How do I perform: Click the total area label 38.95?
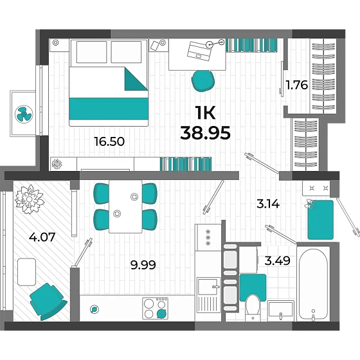pyautogui.click(x=205, y=133)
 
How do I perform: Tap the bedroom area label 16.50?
pyautogui.click(x=109, y=141)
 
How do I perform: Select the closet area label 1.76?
pyautogui.click(x=296, y=85)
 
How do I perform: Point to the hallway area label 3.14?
pyautogui.click(x=268, y=204)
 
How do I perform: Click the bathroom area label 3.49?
pyautogui.click(x=277, y=260)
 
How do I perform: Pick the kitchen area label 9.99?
pyautogui.click(x=143, y=265)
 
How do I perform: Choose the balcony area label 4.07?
pyautogui.click(x=42, y=237)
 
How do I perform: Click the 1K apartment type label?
pyautogui.click(x=205, y=113)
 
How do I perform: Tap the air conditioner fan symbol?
pyautogui.click(x=24, y=114)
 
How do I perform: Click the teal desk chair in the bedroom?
pyautogui.click(x=203, y=81)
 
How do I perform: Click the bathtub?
pyautogui.click(x=313, y=284)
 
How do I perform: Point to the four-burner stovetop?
pyautogui.click(x=155, y=309)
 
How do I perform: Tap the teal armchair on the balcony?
pyautogui.click(x=48, y=301)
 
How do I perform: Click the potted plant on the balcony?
pyautogui.click(x=29, y=199)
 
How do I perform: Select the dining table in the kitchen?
pyautogui.click(x=125, y=206)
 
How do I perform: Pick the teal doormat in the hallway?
pyautogui.click(x=320, y=220)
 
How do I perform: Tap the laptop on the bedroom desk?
pyautogui.click(x=199, y=51)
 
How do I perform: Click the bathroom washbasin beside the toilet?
pyautogui.click(x=281, y=310)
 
